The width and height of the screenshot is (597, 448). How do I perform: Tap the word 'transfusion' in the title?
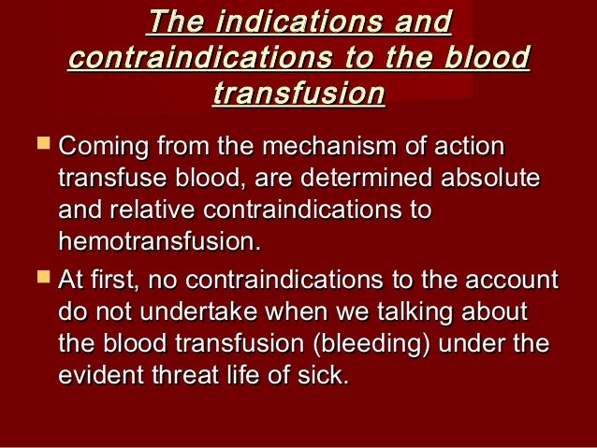click(298, 94)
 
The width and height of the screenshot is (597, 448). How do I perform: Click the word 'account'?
click(510, 280)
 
